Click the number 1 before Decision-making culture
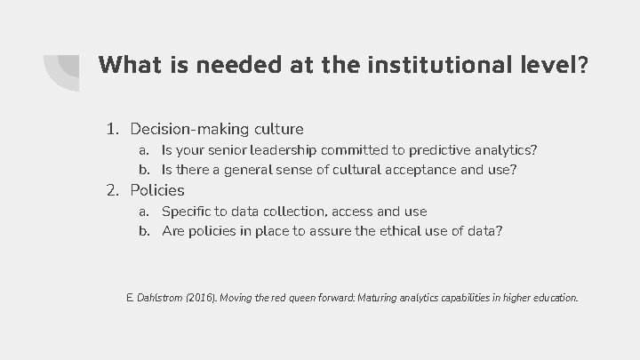[111, 129]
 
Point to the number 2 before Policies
[111, 189]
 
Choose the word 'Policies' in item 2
[157, 189]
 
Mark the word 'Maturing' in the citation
[409, 297]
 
